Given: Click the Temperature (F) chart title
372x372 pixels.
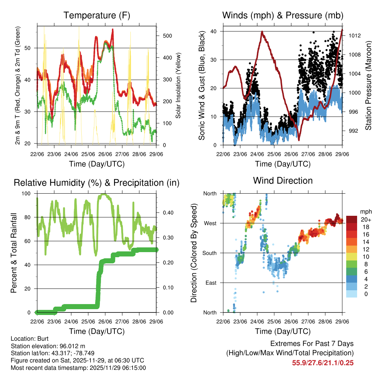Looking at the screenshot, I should click(97, 15).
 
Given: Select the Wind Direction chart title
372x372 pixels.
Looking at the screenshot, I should click(283, 181).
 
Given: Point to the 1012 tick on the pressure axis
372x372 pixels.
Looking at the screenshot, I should click(354, 36).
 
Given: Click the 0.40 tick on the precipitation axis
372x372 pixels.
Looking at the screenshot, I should click(165, 213).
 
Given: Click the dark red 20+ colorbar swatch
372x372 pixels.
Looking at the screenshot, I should click(351, 219).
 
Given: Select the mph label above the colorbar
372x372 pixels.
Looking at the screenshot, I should click(365, 211).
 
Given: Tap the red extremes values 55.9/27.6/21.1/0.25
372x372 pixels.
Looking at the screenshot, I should click(323, 363).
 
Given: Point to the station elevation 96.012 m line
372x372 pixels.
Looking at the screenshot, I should click(48, 346).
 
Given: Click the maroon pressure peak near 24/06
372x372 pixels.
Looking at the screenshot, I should click(262, 32).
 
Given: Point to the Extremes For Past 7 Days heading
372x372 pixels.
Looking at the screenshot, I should click(312, 344).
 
